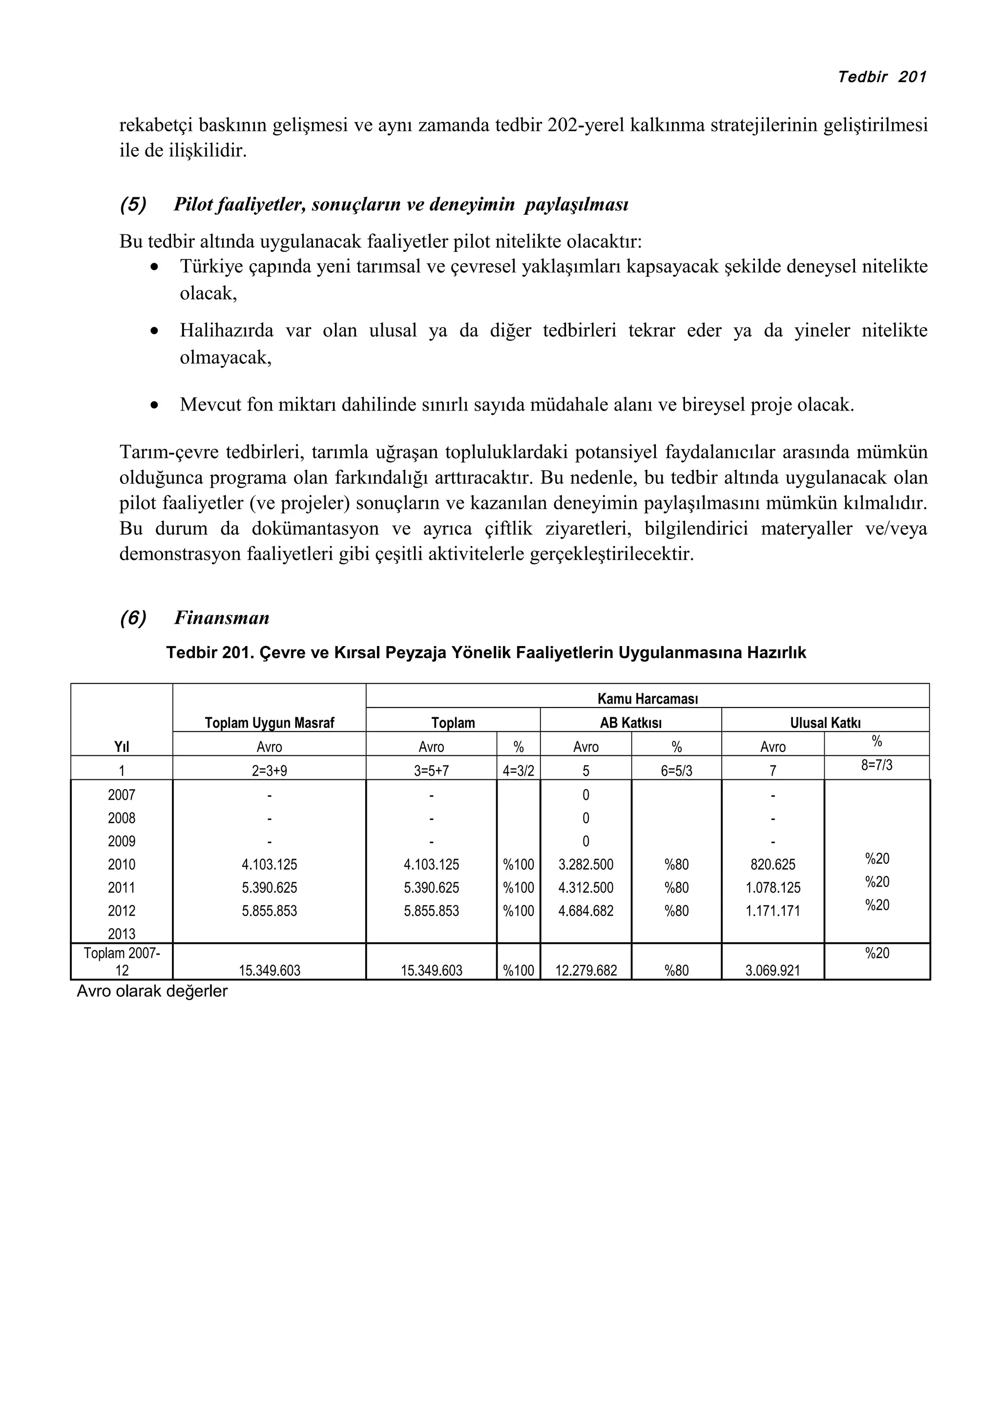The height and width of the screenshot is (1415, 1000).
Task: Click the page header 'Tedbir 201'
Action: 882,77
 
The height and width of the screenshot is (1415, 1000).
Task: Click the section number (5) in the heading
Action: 133,204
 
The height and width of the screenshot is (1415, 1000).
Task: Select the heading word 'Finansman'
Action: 222,618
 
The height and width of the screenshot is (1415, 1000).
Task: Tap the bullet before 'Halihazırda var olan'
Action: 155,331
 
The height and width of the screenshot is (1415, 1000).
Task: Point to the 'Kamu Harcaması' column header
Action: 647,699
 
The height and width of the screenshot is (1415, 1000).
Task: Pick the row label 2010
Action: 122,865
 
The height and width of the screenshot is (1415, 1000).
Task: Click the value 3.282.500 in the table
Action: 585,865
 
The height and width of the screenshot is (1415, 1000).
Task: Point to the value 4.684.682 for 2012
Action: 585,911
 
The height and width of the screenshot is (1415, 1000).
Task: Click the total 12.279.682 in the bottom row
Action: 585,971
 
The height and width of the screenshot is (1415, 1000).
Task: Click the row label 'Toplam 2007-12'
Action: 122,961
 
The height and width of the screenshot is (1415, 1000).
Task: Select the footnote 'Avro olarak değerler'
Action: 151,991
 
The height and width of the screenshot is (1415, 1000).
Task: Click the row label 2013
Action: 122,934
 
